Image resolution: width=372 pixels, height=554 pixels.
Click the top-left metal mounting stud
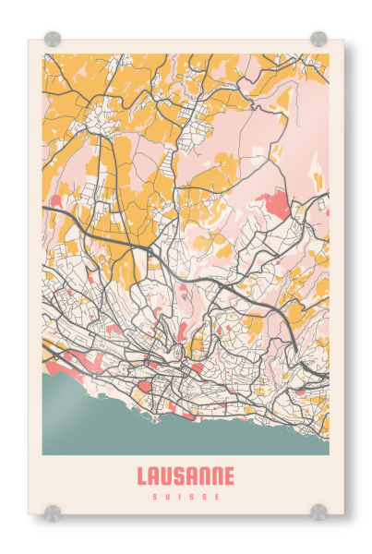coord(53,39)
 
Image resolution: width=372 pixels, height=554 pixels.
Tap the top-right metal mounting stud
coord(318,39)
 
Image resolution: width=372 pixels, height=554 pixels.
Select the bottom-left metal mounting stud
coord(53,512)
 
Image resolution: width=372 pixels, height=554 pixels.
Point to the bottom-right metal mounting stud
coord(318,512)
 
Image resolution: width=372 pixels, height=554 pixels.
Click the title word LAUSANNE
coord(186,476)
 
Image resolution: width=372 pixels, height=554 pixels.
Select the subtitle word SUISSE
coord(186,497)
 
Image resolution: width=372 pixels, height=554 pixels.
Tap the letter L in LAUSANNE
coord(142,476)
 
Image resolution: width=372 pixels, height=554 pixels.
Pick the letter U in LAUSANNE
coord(167,476)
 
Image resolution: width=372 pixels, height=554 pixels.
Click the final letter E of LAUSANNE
coord(229,476)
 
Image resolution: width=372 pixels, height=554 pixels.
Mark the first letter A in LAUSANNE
coord(154,476)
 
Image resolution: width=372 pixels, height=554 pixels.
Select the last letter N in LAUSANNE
coord(217,476)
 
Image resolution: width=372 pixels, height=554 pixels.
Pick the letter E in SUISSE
coord(218,497)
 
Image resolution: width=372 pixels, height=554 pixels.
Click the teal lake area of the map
coord(92,415)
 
